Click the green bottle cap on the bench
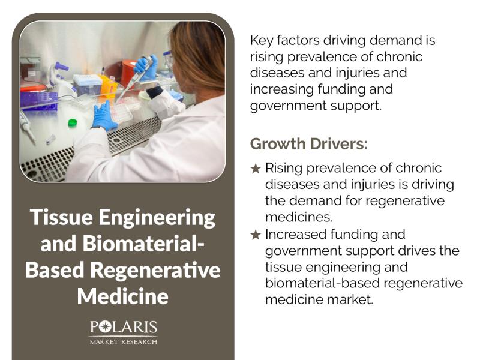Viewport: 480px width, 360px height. [73, 123]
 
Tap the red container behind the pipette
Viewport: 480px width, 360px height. [128, 72]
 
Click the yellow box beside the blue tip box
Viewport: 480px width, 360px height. [108, 87]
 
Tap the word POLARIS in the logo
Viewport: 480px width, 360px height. [124, 328]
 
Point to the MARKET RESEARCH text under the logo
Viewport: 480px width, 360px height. [124, 341]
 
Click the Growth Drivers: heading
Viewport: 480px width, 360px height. [308, 144]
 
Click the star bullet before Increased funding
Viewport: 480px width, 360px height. [256, 235]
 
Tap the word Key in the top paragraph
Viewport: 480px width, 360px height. [262, 41]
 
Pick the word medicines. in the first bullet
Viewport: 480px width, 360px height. [298, 216]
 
